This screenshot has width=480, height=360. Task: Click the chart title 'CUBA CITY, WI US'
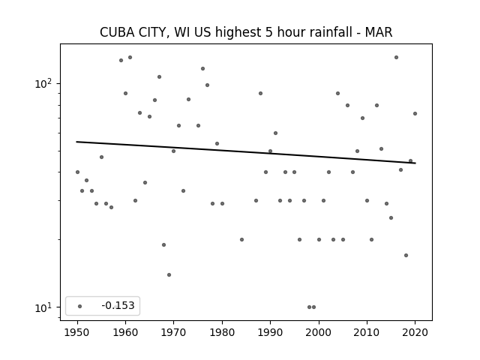pos(155,32)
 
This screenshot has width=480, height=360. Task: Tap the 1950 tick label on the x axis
pos(77,332)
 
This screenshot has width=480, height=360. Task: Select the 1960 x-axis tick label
pos(125,332)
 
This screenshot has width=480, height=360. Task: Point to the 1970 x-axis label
pos(173,332)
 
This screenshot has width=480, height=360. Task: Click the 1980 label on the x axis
pos(222,332)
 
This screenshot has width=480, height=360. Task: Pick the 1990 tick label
pos(270,332)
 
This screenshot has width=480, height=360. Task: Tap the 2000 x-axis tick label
pos(319,332)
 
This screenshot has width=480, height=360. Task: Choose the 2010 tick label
pos(367,332)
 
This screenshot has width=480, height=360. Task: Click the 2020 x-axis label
pos(415,332)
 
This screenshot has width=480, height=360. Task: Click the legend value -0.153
pos(118,305)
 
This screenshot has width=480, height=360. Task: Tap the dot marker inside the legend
pos(80,306)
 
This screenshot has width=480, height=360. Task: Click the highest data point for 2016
pos(396,57)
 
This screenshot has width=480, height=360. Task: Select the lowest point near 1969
pos(169,275)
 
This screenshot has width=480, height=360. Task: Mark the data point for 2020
pos(415,113)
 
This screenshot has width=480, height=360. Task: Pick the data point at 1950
pos(77,172)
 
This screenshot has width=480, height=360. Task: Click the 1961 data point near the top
pos(130,57)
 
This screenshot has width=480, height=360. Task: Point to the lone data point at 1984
pos(241,239)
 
